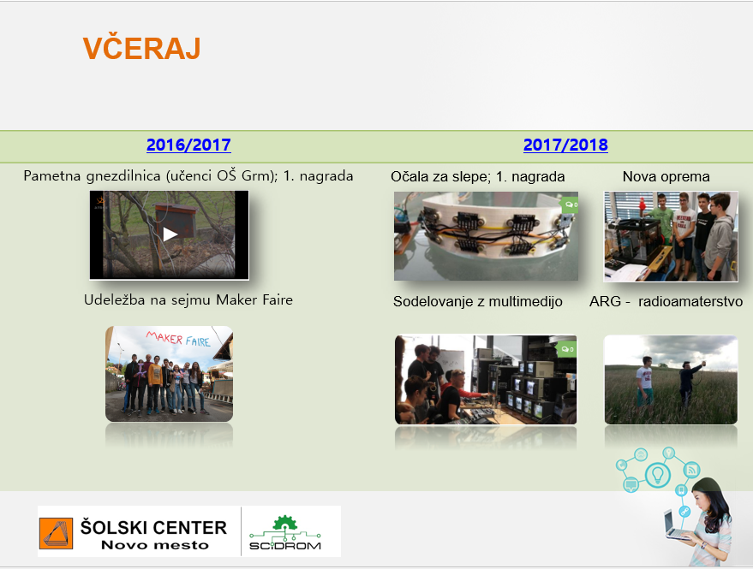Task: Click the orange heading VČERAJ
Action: (141, 48)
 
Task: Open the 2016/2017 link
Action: (188, 145)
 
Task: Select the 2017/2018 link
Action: (565, 145)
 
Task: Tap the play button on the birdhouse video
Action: (170, 234)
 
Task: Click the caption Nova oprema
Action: (666, 176)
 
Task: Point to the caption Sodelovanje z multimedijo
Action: (478, 301)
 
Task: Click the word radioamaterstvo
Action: (690, 301)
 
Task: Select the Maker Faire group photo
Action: (169, 374)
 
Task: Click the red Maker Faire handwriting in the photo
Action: (178, 338)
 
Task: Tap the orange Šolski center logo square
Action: (56, 533)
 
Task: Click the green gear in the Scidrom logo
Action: (284, 523)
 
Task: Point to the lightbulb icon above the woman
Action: (657, 475)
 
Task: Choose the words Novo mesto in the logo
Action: (155, 545)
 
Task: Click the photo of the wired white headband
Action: (486, 236)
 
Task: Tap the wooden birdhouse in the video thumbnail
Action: (176, 221)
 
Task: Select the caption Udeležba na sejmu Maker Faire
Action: (188, 299)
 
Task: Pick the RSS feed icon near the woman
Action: (691, 469)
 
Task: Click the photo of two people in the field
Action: (671, 380)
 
